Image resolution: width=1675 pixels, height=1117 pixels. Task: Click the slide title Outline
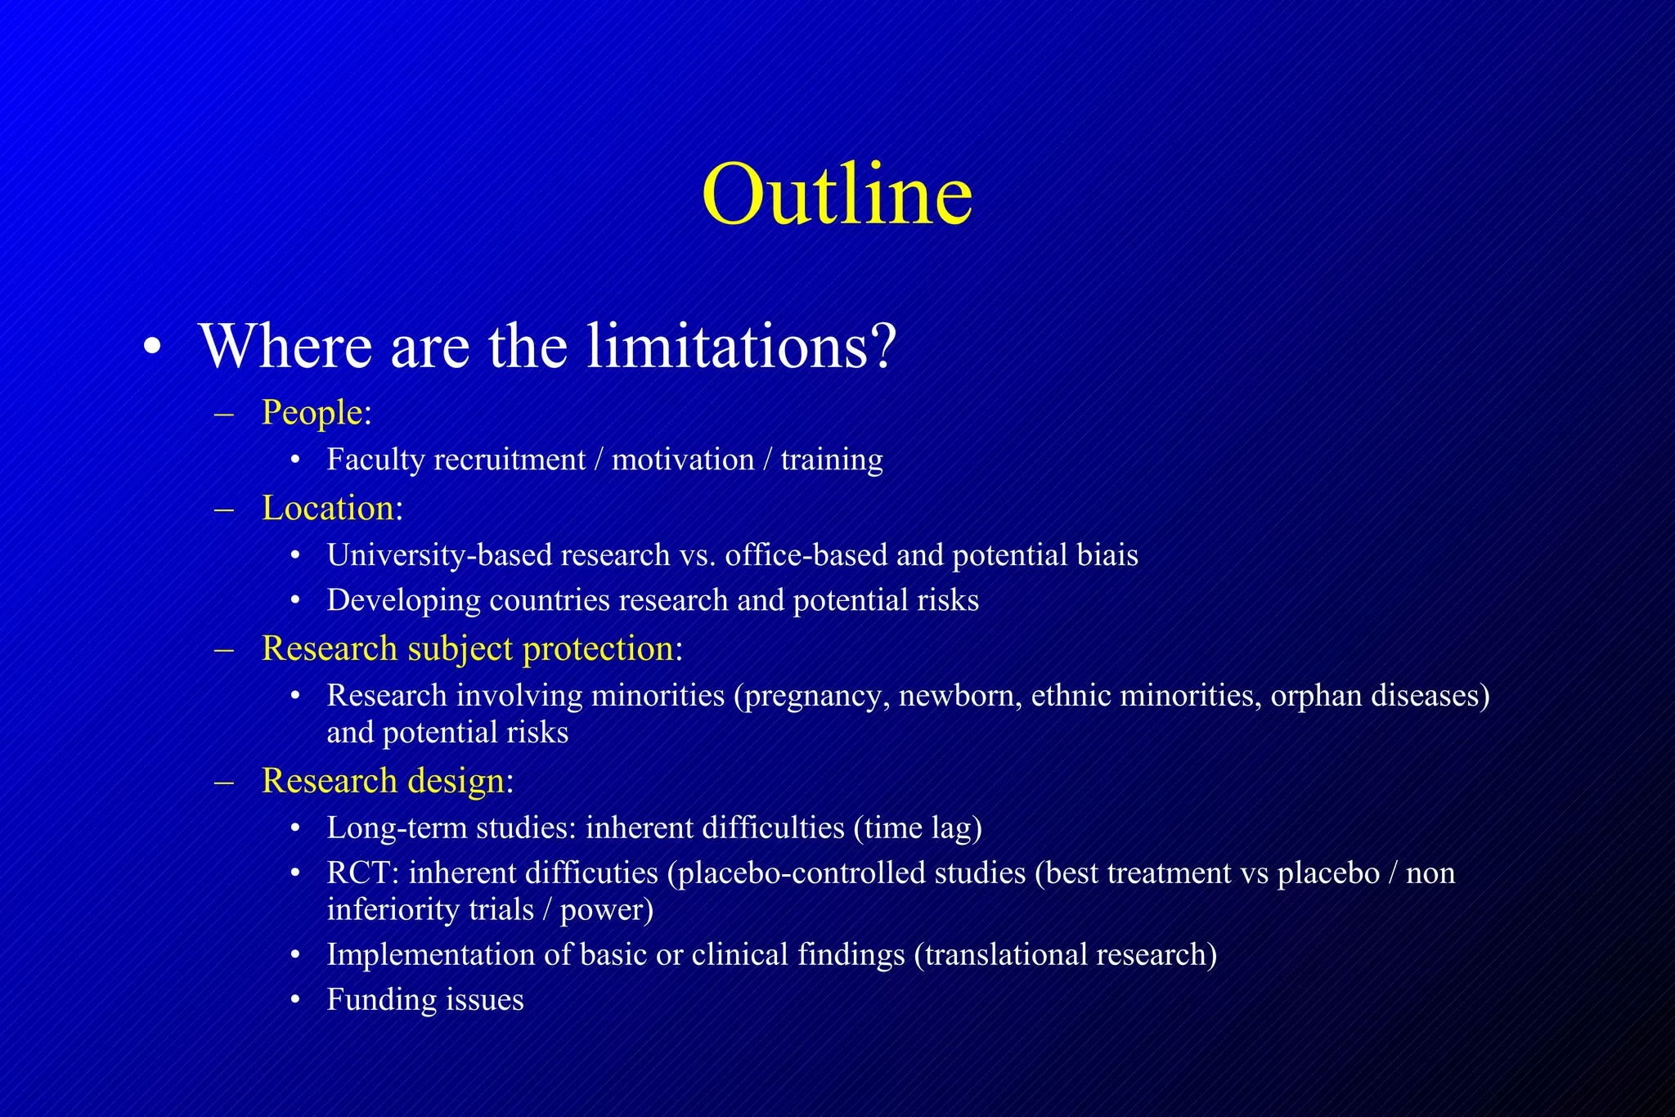tap(837, 195)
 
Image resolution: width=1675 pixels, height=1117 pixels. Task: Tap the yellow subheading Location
tap(328, 508)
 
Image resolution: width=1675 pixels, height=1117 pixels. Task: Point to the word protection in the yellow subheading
tap(598, 648)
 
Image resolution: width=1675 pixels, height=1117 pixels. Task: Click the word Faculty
tap(375, 460)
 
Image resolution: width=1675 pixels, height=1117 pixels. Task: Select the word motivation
tap(683, 460)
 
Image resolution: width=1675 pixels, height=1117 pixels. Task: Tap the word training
tap(832, 460)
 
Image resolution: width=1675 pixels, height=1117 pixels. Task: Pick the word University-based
tap(438, 556)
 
